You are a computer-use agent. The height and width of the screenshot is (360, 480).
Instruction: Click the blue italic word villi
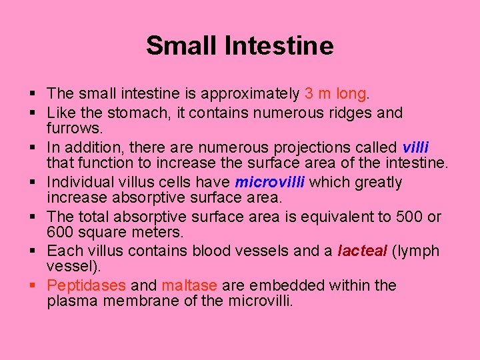415,147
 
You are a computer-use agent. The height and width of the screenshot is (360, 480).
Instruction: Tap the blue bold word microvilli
270,182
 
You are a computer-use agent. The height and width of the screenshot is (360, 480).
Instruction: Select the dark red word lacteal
362,251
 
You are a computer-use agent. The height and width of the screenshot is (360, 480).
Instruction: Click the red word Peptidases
87,286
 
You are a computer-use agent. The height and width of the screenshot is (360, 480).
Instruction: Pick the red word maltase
189,286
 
